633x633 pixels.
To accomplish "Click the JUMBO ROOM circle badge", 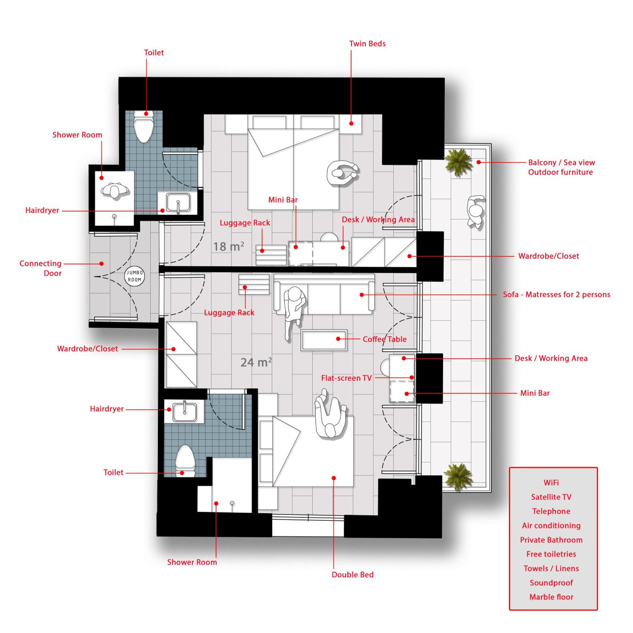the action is point(134,276).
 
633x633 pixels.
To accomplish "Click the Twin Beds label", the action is point(367,44).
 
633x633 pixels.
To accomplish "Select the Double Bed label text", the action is point(353,574).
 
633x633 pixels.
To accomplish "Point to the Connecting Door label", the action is point(41,268).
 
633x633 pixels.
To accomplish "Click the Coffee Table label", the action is point(385,339).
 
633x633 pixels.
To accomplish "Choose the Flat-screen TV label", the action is point(346,378).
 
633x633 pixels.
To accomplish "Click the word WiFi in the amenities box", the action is point(551,483).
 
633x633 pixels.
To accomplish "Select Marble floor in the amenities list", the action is point(551,597).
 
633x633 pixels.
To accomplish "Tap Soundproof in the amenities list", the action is point(551,583).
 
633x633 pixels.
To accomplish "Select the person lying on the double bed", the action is point(330,414).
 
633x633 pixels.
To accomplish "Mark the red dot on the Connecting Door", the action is point(102,263).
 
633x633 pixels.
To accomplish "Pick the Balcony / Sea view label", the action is point(561,162).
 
